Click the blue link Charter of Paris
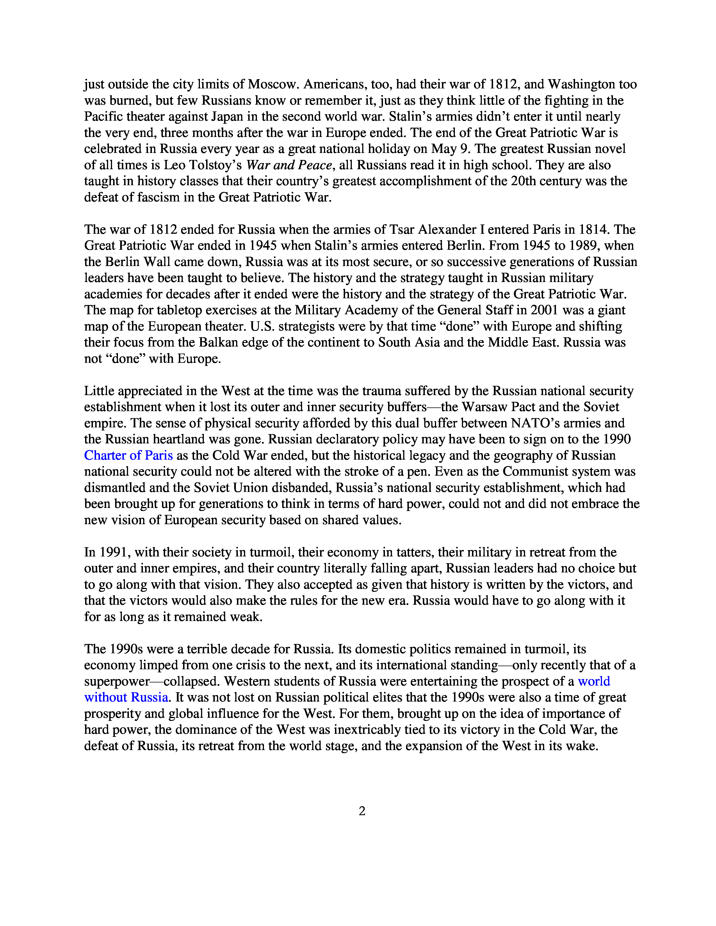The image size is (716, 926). [x=128, y=455]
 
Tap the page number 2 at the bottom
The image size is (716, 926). [x=362, y=811]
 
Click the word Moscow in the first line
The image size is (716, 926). [x=272, y=84]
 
